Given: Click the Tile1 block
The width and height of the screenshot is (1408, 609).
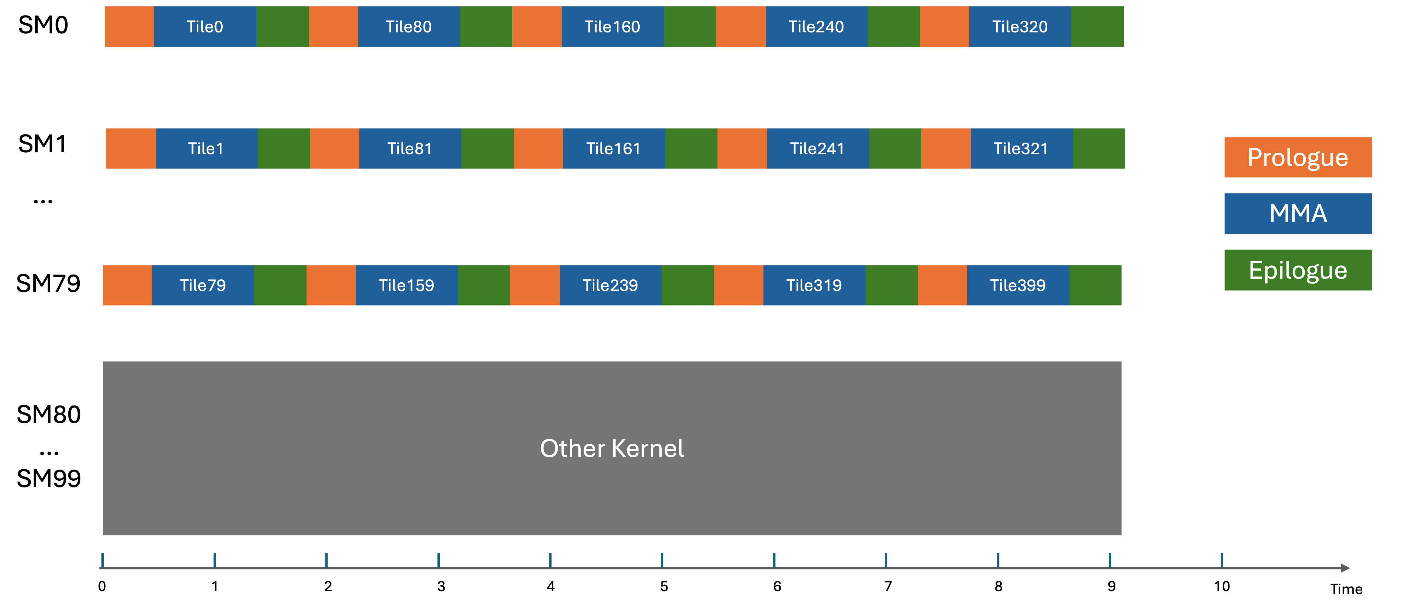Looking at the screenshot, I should [206, 149].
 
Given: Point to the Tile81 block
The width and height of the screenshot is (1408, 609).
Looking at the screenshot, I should [410, 149].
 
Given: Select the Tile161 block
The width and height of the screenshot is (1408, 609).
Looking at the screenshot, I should [614, 149].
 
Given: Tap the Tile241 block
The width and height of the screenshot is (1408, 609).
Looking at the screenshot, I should [818, 149].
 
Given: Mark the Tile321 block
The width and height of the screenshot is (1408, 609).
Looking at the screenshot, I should [1021, 149].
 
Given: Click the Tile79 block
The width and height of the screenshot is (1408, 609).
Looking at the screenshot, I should [203, 285].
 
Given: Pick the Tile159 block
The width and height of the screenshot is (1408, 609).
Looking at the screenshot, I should [407, 285].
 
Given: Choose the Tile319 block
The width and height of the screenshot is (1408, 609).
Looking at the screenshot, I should [814, 285].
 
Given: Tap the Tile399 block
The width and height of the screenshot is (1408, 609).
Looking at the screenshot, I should [1018, 285].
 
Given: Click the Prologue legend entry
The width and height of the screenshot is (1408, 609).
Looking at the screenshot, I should [1297, 158].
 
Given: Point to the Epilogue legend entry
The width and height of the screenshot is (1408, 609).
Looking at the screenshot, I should [1297, 270].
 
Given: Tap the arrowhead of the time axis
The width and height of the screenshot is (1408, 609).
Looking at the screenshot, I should [1346, 568].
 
